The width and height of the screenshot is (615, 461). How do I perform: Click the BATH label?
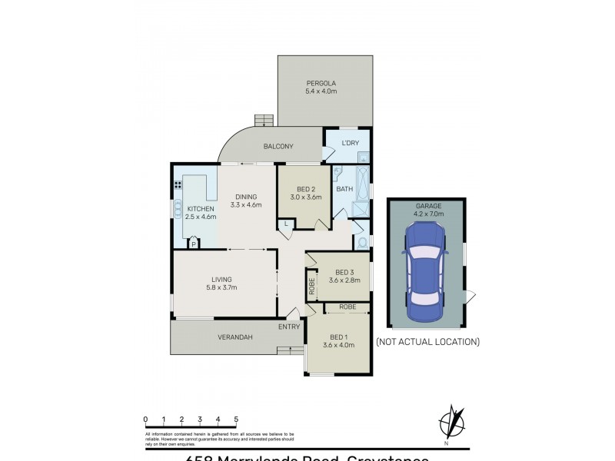(x=344, y=188)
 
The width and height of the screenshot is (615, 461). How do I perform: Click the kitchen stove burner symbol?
(x=178, y=184)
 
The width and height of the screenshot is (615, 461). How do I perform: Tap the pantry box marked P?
(x=194, y=244)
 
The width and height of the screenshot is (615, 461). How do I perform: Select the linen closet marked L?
(x=286, y=224)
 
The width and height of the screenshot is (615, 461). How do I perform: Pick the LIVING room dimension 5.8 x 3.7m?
(x=221, y=287)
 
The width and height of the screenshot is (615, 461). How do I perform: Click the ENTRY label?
(x=289, y=327)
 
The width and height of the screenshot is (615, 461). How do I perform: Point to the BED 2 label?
(x=305, y=189)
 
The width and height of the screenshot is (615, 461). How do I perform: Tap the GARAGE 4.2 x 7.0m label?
(x=426, y=211)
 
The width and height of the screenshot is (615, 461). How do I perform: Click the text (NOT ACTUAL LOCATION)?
(x=427, y=341)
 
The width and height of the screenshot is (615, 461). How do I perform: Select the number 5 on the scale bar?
(x=236, y=420)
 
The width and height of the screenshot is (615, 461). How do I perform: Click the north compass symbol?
(x=450, y=423)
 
